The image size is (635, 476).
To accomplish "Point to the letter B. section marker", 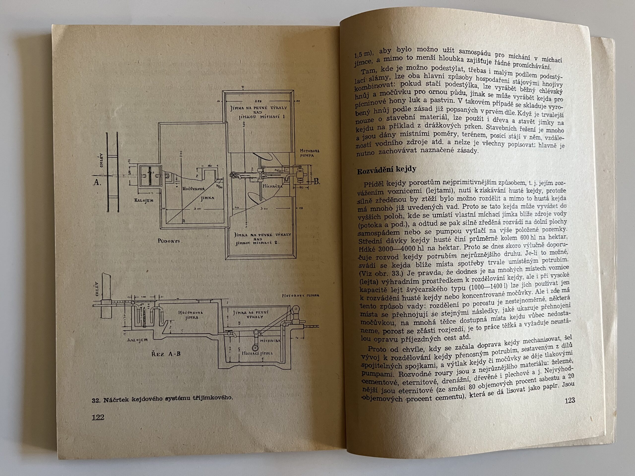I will click(317, 182).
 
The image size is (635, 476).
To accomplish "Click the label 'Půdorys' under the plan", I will click(169, 241).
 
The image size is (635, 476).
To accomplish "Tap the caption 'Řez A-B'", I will click(166, 354).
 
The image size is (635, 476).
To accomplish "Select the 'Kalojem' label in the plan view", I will click(144, 200).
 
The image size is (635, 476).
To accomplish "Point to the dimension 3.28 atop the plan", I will click(259, 101).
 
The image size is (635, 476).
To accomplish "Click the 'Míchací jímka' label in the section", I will click(257, 353).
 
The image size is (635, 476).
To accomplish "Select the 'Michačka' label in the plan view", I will click(272, 186).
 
